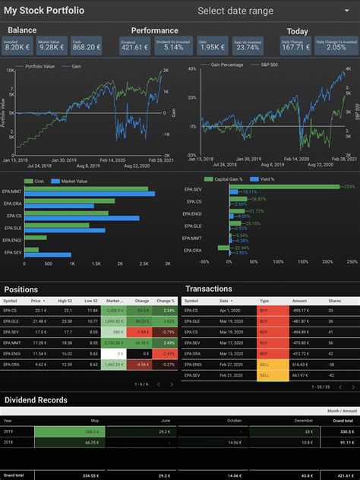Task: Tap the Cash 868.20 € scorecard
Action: (x=86, y=45)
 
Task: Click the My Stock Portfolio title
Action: (x=44, y=11)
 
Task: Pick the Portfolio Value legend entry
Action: (x=40, y=68)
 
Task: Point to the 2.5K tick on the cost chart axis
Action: (x=144, y=264)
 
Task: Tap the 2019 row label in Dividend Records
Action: (x=8, y=431)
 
